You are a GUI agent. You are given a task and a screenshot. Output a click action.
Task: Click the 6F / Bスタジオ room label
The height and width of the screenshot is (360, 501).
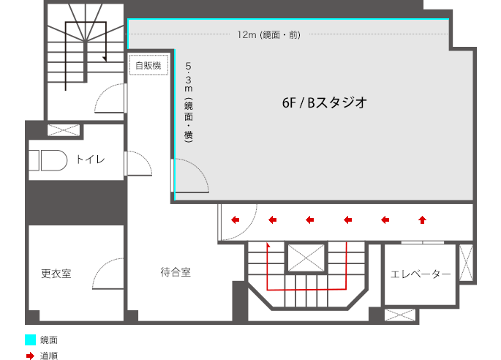point(323,103)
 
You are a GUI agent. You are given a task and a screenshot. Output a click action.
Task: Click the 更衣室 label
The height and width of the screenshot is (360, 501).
point(56,274)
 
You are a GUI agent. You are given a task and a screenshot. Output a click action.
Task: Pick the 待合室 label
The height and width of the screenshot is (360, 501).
point(176,272)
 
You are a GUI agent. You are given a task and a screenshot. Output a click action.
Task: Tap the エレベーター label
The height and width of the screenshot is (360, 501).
point(421,274)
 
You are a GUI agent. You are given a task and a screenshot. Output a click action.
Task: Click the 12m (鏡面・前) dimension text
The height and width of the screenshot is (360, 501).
point(268,34)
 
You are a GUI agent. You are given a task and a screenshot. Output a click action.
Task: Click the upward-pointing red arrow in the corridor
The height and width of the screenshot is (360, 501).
point(422,218)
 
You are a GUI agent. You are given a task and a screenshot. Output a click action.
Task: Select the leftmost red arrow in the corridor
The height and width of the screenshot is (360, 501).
point(236,218)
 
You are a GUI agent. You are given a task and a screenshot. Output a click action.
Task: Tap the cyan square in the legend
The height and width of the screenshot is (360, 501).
point(30,340)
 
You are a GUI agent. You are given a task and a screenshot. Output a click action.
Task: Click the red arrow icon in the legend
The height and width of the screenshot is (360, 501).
point(30,356)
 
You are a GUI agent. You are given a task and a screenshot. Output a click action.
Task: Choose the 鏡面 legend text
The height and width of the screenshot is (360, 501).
point(48,340)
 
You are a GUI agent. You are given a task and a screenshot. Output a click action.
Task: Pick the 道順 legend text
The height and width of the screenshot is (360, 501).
point(48,356)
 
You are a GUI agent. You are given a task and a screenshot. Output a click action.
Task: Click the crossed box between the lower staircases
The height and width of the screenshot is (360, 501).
point(304,258)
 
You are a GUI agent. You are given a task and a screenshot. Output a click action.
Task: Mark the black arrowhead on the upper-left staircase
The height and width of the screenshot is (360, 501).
point(105,58)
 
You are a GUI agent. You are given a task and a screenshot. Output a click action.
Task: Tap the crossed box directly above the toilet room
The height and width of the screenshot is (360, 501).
point(64,130)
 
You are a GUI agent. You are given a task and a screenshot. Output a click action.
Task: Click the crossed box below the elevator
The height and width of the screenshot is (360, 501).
point(399,315)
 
